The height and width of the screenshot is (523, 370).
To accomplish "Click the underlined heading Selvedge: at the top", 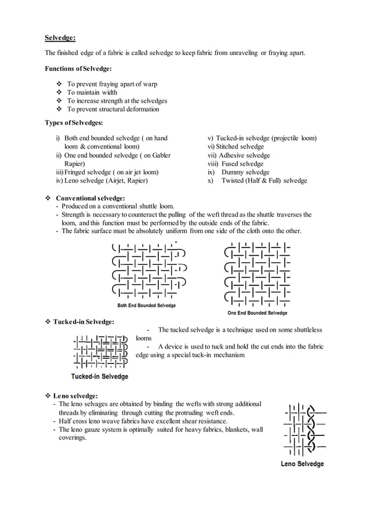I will (x=60, y=38).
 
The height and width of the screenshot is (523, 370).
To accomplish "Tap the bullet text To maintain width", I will (x=92, y=92).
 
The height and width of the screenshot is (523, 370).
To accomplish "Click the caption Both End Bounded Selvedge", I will (x=147, y=306).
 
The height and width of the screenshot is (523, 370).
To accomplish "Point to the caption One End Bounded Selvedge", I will (x=257, y=313).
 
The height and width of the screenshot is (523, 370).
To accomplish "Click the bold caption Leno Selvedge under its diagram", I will (x=302, y=464).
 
